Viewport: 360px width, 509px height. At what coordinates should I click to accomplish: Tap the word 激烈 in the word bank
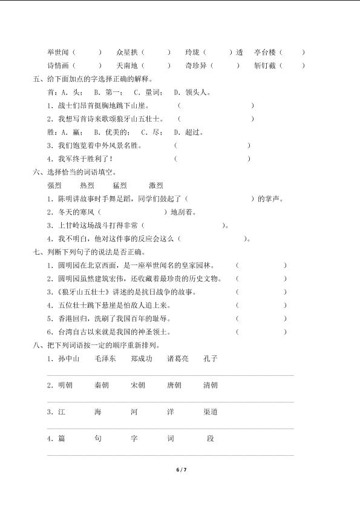click(155, 186)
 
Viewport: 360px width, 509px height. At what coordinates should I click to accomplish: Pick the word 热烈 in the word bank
click(87, 186)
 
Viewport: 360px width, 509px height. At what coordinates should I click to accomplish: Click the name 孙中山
click(68, 358)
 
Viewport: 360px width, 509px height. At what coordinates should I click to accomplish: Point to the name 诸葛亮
click(178, 358)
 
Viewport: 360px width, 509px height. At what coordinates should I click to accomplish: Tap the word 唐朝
click(174, 385)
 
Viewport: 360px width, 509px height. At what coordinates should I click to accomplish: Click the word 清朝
click(211, 385)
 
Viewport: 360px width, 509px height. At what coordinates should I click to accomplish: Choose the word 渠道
click(211, 412)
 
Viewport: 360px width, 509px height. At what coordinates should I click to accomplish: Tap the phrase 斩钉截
click(265, 65)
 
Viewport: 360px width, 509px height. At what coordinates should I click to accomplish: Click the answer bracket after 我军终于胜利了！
click(212, 159)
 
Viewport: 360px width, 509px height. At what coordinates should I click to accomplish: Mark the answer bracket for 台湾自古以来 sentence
click(261, 332)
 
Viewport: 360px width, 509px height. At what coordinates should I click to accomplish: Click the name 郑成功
click(142, 358)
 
